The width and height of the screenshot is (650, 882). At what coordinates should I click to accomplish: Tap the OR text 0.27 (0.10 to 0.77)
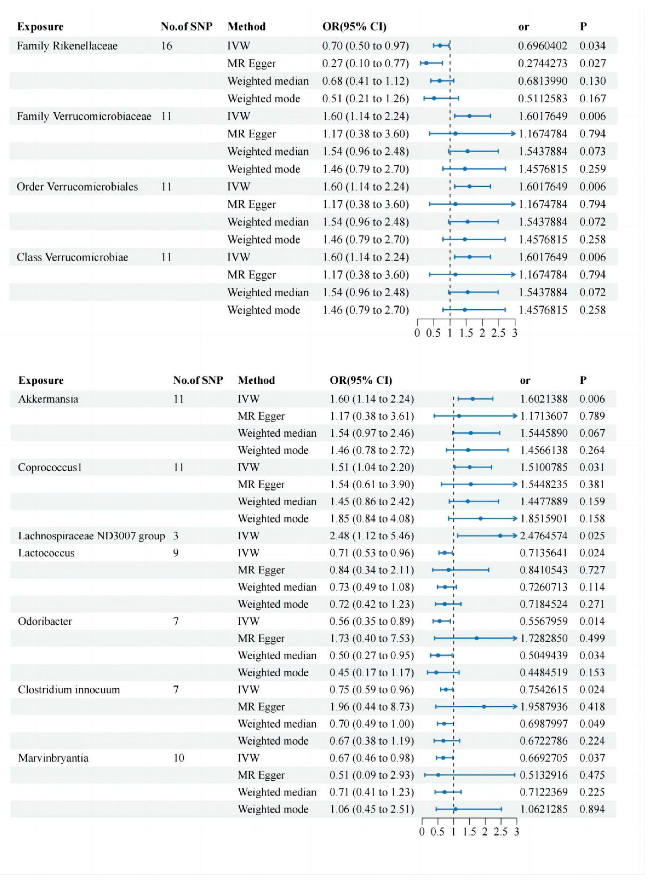coord(365,64)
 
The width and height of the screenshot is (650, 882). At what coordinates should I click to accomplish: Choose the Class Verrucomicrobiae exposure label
coord(72,257)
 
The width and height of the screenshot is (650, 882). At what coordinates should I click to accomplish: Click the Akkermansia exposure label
coord(48,399)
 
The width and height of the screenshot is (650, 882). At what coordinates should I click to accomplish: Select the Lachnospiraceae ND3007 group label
coord(91,536)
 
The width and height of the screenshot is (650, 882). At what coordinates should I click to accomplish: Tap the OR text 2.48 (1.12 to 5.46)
coord(372,536)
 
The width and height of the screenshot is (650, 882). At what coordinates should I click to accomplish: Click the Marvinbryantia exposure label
coord(53,758)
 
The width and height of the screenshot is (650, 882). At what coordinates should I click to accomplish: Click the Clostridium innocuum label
coord(69,690)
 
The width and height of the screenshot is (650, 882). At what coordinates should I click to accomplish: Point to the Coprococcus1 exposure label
coord(50,467)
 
